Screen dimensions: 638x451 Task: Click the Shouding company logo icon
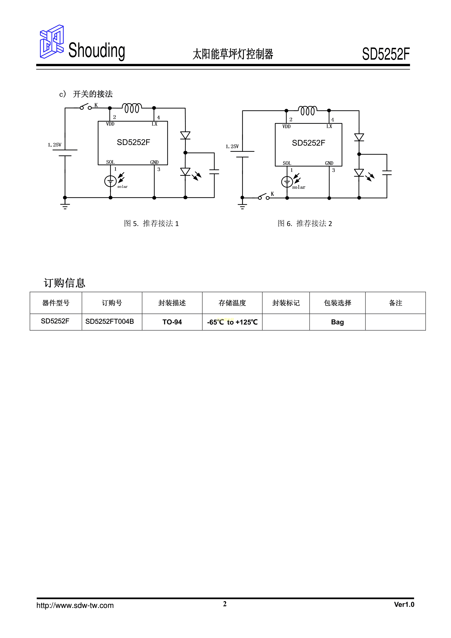click(x=52, y=42)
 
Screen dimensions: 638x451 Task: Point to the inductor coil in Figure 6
click(x=308, y=111)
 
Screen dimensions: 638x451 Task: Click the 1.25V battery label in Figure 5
click(x=54, y=145)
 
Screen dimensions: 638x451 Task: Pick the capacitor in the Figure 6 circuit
click(x=387, y=173)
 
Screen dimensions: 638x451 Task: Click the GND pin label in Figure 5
click(x=154, y=162)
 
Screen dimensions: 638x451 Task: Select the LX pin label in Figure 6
click(x=329, y=126)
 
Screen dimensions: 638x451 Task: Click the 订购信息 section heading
click(x=65, y=283)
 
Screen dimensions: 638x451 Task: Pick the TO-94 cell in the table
click(x=172, y=322)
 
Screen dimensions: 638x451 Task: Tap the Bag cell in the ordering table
click(x=337, y=322)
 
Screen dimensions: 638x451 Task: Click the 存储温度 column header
click(x=232, y=303)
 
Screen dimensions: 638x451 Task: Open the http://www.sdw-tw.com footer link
click(x=75, y=605)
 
